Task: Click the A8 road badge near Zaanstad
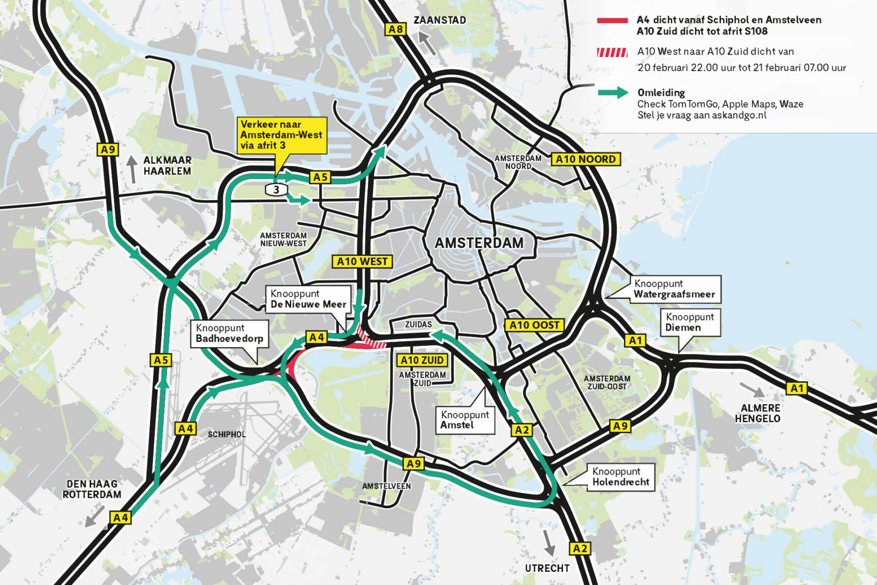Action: point(395,29)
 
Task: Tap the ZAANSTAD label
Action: point(439,20)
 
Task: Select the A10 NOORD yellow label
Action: point(586,159)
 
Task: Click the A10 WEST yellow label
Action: point(362,262)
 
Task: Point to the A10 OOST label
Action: point(534,325)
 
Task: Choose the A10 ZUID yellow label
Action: point(422,360)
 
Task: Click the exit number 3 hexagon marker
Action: point(276,190)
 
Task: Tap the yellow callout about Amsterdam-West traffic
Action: point(282,135)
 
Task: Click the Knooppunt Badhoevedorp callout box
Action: point(229,333)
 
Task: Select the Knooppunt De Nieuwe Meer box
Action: point(308,299)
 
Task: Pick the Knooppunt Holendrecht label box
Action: point(620,477)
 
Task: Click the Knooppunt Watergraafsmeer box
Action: point(674,289)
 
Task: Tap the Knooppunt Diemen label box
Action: point(689,322)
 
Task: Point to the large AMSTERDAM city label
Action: point(479,243)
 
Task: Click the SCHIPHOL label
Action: point(227,434)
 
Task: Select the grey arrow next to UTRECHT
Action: point(549,542)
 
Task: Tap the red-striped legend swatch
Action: point(612,52)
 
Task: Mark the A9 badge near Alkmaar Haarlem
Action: point(108,150)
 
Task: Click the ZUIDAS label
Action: point(418,325)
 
